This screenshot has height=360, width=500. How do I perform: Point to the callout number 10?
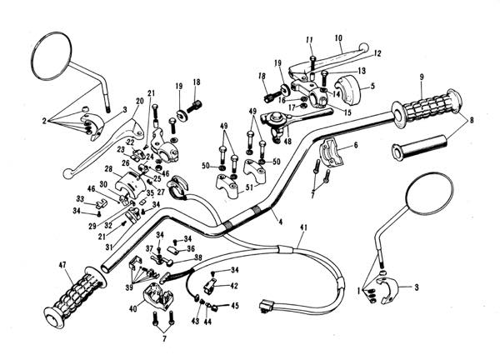point(339,38)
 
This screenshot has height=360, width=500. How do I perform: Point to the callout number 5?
point(372,86)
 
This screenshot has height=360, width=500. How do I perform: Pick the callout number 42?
point(234,286)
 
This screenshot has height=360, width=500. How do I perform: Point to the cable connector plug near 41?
point(267,305)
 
